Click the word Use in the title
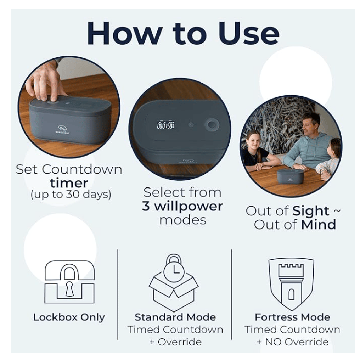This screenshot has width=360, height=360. (x=248, y=34)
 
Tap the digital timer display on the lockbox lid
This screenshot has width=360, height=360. (x=166, y=125)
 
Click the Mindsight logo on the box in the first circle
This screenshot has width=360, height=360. (x=62, y=129)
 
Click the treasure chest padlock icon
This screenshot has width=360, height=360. (x=69, y=282)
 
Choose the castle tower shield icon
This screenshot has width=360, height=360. (x=291, y=284)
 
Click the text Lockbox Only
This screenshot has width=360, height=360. (x=69, y=317)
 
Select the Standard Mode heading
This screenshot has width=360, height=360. (x=175, y=317)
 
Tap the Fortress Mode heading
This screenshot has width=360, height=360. (x=292, y=317)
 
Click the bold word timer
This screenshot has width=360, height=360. (x=69, y=183)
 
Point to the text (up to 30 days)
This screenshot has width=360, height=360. (x=71, y=195)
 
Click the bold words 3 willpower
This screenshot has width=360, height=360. (x=182, y=206)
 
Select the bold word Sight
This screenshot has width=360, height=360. (x=311, y=211)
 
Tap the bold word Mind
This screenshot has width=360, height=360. (x=319, y=225)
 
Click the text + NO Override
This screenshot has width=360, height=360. (x=293, y=342)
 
